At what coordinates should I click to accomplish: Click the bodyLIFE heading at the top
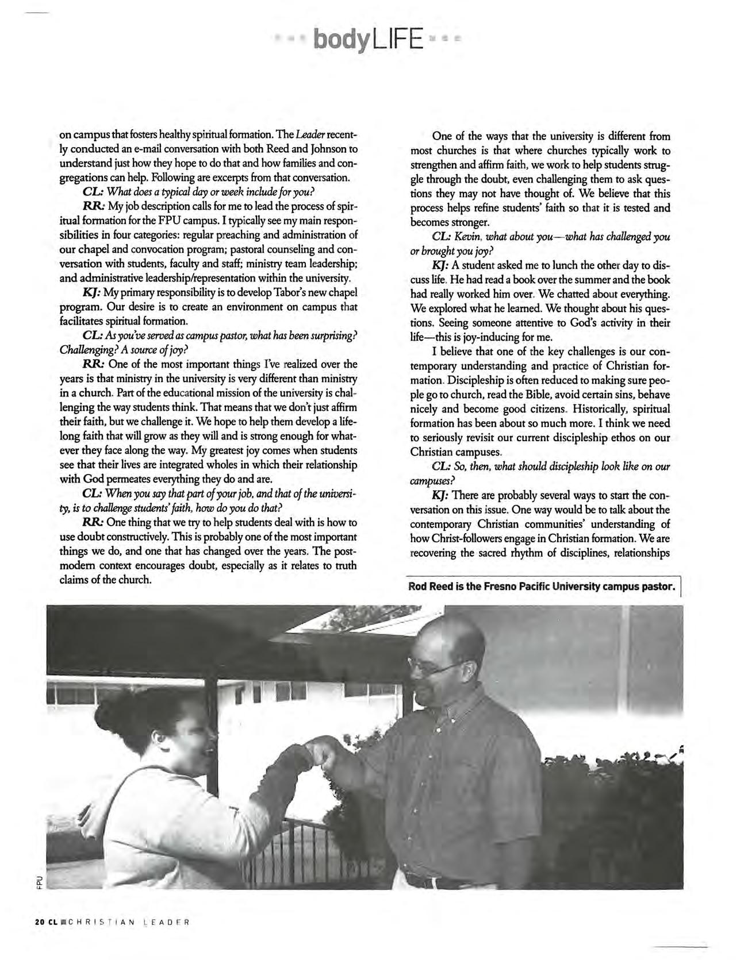tap(369, 40)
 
